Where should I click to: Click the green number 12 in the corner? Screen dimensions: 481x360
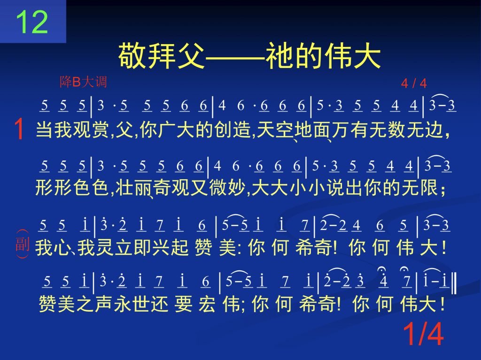coord(31,22)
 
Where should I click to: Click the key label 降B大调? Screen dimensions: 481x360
coord(83,82)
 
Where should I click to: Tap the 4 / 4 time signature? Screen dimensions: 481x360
coord(414,83)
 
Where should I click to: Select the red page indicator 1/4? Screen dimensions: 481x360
coord(423,334)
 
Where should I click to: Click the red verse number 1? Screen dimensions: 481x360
coord(19,130)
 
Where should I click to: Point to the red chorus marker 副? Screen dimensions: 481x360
coord(22,244)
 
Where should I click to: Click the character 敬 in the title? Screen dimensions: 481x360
coord(132,56)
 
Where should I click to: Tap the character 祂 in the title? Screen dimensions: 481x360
coord(280,56)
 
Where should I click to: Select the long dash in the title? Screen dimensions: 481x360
coord(235,57)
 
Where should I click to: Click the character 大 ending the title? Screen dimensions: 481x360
coord(367,56)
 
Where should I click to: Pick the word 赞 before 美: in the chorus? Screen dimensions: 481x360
coord(203,247)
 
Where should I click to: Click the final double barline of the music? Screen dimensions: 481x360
coord(454,284)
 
